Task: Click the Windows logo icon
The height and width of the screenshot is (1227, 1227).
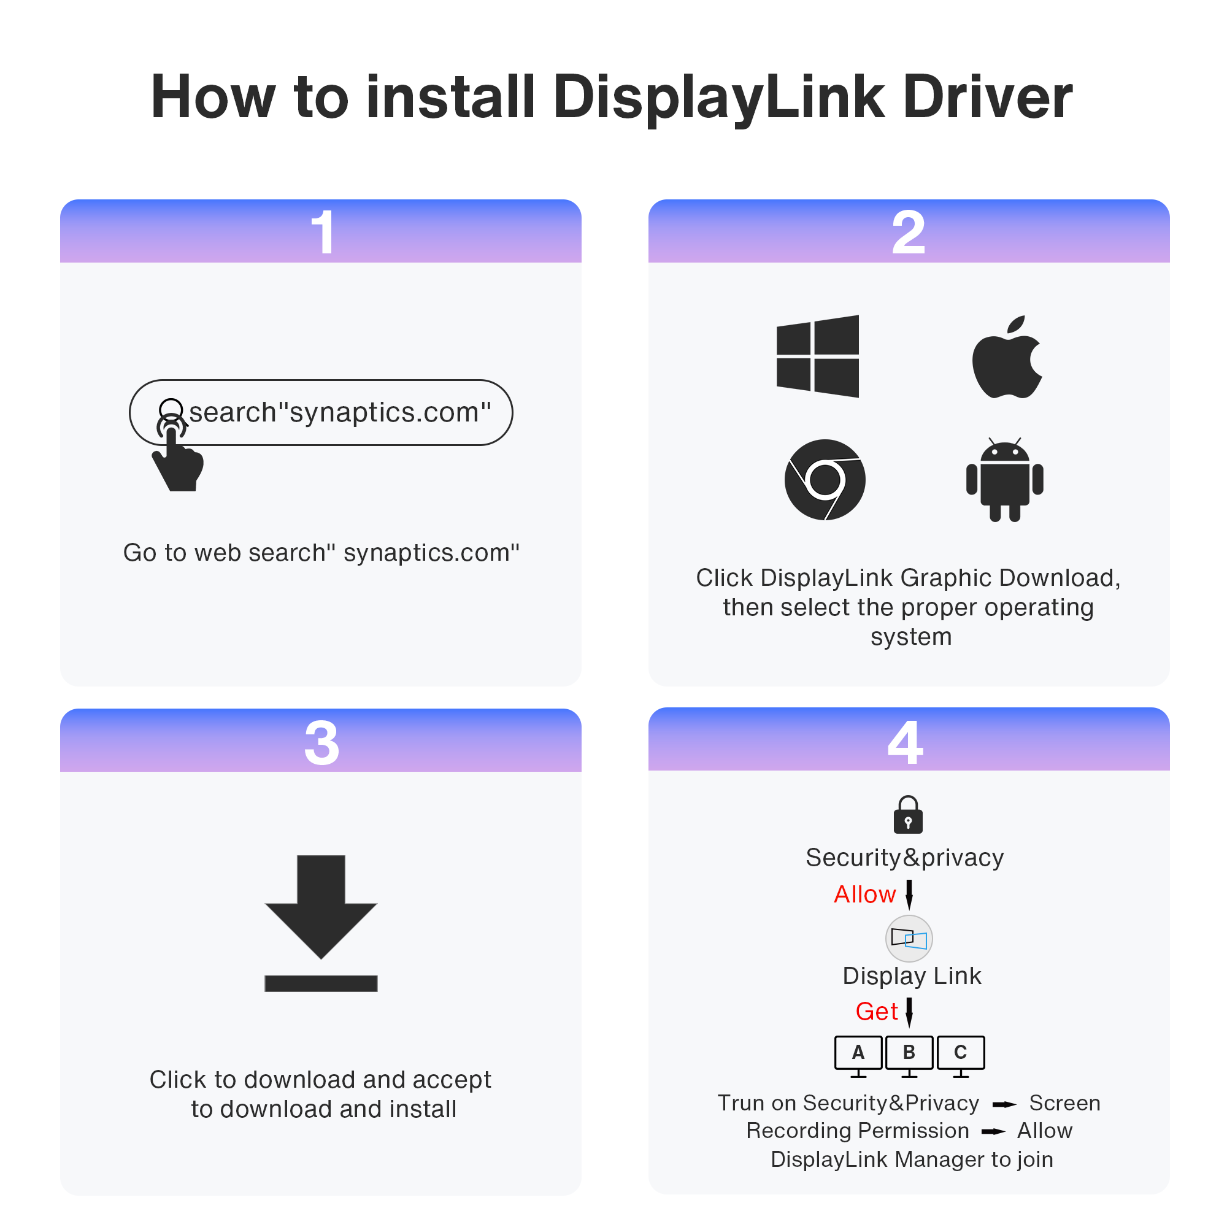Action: pos(817,356)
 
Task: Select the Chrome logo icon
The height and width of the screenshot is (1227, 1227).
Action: pos(825,480)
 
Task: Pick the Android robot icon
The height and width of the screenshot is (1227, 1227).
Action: pos(1004,480)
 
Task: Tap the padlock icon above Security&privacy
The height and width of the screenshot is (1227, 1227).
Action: pos(907,814)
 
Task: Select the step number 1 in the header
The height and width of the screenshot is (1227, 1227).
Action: pos(323,233)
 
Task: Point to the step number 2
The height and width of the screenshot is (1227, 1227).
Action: pos(908,233)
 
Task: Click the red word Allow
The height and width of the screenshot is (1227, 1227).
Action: pos(864,894)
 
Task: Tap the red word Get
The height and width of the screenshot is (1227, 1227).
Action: pos(877,1011)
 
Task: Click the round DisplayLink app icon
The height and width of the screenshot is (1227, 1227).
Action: pos(909,938)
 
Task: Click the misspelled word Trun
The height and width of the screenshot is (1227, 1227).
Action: pos(739,1103)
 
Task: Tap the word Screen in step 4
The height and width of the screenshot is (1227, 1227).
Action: pos(1064,1103)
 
